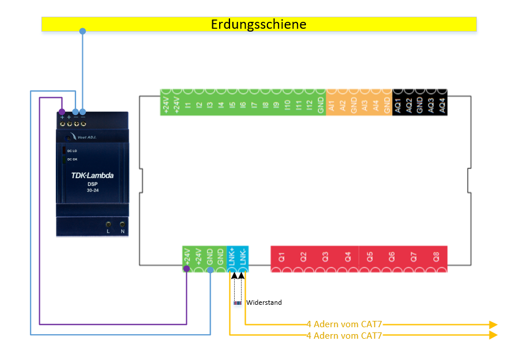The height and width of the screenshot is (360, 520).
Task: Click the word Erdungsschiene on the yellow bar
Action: (x=258, y=24)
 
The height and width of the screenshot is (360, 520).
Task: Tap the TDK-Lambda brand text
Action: (x=92, y=175)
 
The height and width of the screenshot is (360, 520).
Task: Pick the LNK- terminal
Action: (x=243, y=257)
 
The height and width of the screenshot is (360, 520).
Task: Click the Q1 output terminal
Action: (x=282, y=257)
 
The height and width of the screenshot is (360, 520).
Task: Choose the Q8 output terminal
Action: (x=436, y=257)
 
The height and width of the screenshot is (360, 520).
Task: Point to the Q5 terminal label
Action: (x=370, y=257)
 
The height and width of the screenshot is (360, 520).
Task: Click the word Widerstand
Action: (x=264, y=302)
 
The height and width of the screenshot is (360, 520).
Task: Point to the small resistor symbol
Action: (x=237, y=302)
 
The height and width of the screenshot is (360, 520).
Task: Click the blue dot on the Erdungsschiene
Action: (x=82, y=30)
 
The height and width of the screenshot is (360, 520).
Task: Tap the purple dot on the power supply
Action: (x=62, y=112)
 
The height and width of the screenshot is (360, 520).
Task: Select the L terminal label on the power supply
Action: (x=108, y=231)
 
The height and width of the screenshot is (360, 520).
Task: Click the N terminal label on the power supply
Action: (x=123, y=231)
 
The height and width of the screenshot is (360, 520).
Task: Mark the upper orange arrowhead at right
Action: (x=493, y=324)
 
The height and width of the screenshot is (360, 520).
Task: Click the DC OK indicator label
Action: (x=72, y=159)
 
